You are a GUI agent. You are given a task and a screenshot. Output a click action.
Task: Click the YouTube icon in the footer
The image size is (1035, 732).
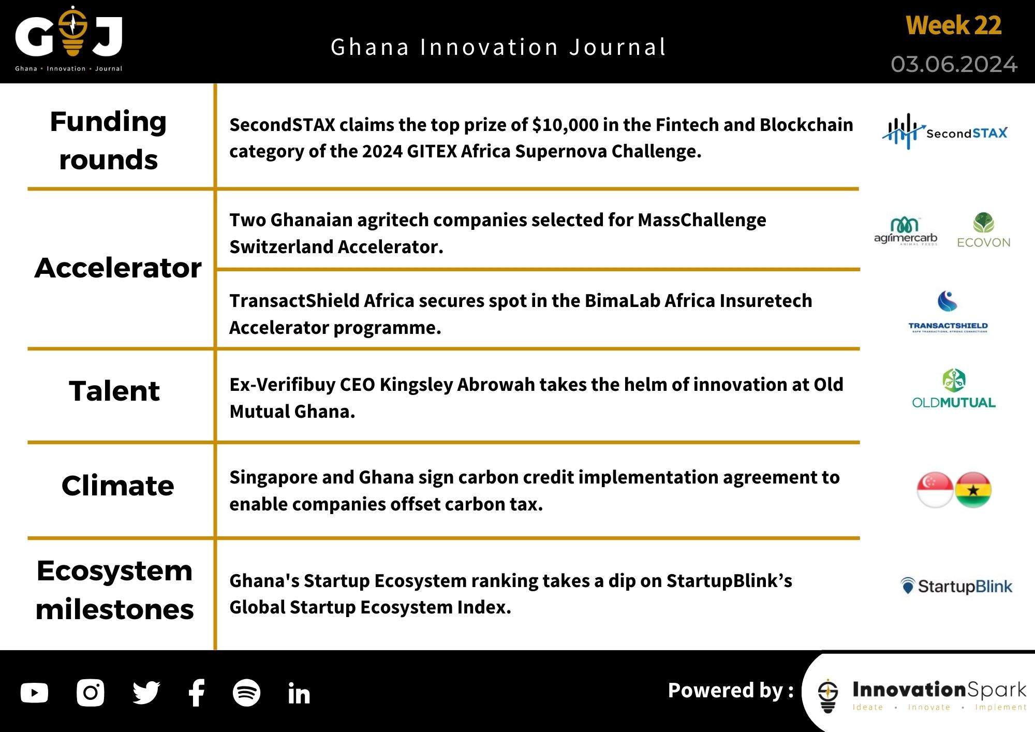pos(34,693)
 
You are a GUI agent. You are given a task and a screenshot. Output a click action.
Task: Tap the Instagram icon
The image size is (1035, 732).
pos(90,693)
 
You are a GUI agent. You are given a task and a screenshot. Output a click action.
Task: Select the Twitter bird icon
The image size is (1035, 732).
pos(146,693)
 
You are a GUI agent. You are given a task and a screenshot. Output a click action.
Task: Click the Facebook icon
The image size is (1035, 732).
pos(197,693)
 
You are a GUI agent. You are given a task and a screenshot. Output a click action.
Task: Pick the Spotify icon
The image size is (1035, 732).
pos(246,693)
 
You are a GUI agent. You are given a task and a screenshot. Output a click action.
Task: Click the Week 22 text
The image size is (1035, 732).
pos(953,26)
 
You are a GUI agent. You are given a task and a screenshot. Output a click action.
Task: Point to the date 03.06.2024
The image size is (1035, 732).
pos(954,65)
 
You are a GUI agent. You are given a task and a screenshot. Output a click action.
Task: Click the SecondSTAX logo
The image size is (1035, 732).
pos(945,132)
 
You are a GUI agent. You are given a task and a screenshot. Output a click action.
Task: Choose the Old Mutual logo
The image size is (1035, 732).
pos(953,389)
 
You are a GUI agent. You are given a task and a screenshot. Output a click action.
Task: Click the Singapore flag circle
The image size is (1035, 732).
pos(935,490)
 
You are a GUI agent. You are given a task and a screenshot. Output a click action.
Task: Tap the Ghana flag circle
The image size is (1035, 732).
pos(973,490)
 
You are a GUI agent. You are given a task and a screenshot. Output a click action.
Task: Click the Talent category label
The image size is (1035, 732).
pos(114,391)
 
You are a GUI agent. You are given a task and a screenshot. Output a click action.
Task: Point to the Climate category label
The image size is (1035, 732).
pos(117,486)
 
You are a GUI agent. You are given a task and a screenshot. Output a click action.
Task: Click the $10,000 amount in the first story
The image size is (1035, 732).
pos(566,125)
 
